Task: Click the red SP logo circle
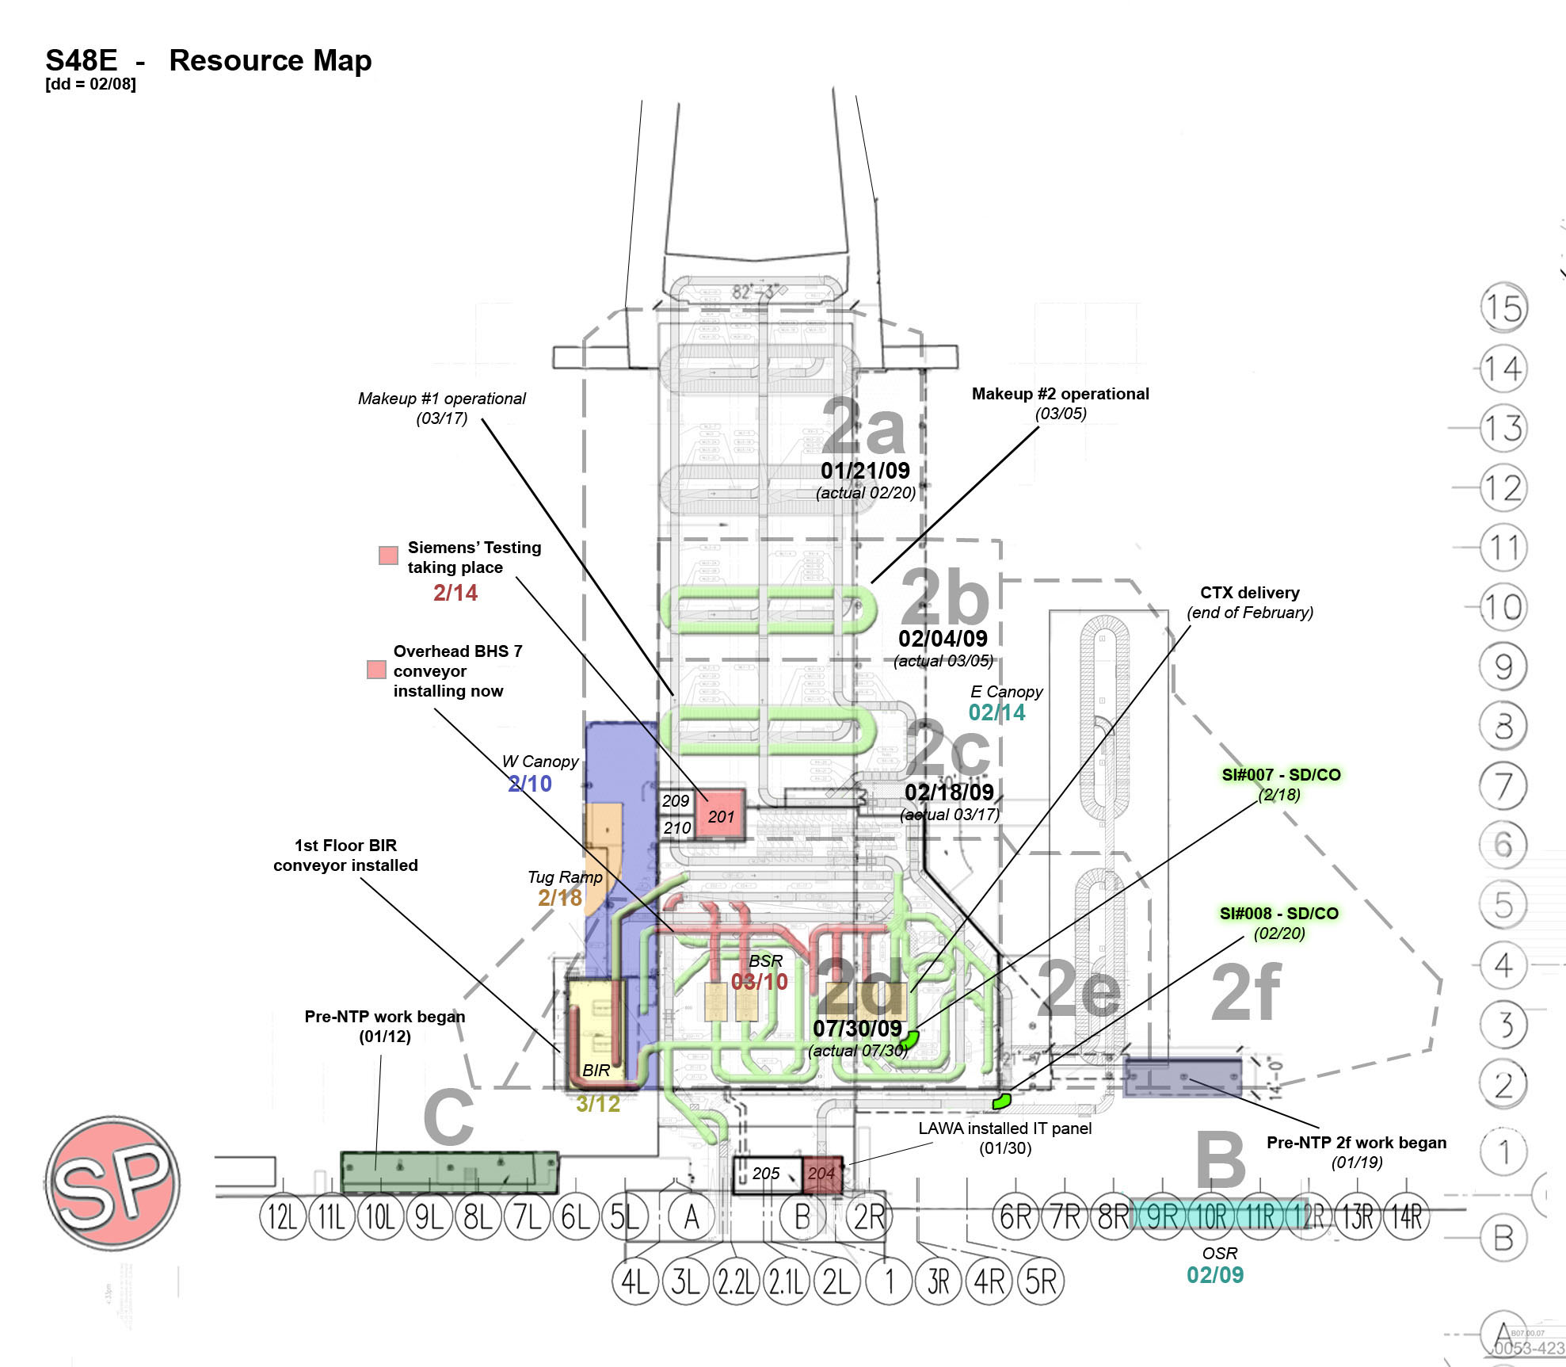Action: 112,1182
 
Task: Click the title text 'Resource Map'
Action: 270,60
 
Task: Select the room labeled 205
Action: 766,1173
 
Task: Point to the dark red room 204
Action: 821,1173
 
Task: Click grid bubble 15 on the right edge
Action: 1503,307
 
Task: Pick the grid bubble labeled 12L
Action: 283,1216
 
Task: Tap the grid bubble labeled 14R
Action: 1406,1216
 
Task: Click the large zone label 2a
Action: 863,426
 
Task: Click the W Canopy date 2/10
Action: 530,783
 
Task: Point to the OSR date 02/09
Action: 1215,1275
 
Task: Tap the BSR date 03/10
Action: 759,982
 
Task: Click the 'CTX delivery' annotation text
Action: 1250,593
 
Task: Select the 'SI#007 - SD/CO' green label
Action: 1281,774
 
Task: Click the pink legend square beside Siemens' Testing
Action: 388,555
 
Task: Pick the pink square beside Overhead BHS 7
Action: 376,670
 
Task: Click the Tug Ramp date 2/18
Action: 560,897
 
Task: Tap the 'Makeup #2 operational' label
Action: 1060,394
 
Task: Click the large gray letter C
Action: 448,1117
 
